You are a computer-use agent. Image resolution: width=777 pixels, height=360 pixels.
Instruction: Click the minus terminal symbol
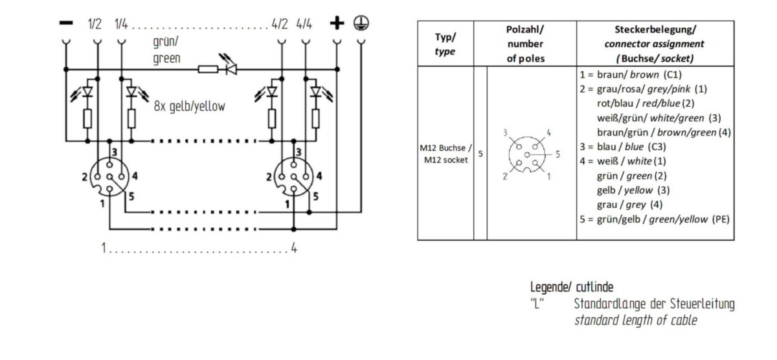click(66, 23)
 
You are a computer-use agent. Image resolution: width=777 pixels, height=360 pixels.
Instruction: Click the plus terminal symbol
click(337, 23)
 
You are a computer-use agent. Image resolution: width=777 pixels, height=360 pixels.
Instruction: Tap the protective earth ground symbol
click(361, 23)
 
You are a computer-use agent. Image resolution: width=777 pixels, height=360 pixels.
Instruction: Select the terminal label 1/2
click(95, 24)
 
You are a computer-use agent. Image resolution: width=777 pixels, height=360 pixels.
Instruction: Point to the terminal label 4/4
click(304, 24)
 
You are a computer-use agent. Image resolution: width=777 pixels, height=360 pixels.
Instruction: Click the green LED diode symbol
click(231, 69)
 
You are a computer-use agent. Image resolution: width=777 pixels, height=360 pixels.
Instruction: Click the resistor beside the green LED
click(208, 69)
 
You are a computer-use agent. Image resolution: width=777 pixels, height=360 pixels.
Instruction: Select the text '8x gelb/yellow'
click(189, 106)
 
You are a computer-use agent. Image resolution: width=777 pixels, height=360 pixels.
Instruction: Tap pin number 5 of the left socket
click(131, 197)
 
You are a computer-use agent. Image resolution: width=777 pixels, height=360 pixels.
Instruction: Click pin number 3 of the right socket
click(298, 152)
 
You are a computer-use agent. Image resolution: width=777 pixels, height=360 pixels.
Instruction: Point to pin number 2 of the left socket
click(85, 177)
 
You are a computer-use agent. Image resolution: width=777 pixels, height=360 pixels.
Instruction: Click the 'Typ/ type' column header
click(445, 44)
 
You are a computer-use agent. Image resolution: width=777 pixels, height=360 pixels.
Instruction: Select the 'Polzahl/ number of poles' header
click(525, 44)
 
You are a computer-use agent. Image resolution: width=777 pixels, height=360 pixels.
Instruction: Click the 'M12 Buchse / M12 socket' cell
click(445, 153)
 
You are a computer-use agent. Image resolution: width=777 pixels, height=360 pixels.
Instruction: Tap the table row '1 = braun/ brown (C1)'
click(631, 74)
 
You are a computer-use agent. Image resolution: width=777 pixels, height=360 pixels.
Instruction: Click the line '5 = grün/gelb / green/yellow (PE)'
click(655, 219)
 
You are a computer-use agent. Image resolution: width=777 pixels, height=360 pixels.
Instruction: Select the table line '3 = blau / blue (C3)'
click(623, 147)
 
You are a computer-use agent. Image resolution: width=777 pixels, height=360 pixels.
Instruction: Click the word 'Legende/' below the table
click(551, 287)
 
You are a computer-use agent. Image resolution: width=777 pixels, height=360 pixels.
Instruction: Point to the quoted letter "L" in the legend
click(537, 304)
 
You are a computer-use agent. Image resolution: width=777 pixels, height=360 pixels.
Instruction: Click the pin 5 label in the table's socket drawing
click(557, 154)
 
